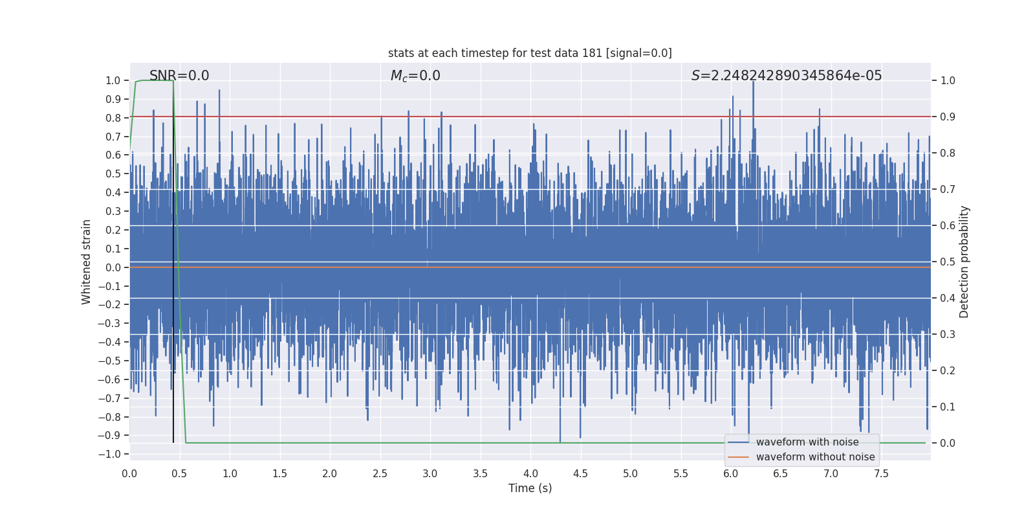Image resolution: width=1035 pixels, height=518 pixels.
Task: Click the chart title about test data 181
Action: point(530,53)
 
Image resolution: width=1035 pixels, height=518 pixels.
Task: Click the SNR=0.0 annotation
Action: point(179,76)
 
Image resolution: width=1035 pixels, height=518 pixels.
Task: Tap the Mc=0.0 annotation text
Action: point(415,76)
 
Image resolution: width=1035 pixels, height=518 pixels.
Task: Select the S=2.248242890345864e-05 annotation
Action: point(786,76)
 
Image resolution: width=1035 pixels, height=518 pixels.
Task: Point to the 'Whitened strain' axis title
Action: point(87,262)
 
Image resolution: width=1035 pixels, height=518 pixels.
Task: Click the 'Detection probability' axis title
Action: point(964,262)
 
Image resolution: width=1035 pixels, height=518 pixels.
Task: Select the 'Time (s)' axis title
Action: point(530,488)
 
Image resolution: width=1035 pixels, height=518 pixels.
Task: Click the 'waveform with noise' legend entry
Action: point(807,442)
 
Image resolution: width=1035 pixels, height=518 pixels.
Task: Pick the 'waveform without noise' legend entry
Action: point(815,457)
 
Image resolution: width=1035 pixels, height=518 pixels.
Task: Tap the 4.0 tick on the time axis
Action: point(530,474)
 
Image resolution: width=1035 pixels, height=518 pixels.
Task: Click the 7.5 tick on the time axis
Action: point(881,474)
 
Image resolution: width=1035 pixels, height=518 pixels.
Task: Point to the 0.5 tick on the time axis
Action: point(180,474)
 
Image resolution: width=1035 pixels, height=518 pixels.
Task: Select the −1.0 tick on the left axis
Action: point(110,454)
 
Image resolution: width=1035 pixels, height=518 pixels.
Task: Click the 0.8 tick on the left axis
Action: point(113,118)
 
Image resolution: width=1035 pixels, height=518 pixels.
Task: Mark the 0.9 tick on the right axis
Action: point(948,117)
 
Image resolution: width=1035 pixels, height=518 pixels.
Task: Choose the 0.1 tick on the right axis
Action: point(948,407)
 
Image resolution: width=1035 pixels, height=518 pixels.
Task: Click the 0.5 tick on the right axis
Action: point(948,262)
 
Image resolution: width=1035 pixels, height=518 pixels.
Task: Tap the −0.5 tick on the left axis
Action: point(110,361)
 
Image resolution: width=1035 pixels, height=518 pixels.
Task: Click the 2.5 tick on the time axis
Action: point(380,474)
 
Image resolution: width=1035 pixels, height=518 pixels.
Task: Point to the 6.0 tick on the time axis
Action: point(731,474)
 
